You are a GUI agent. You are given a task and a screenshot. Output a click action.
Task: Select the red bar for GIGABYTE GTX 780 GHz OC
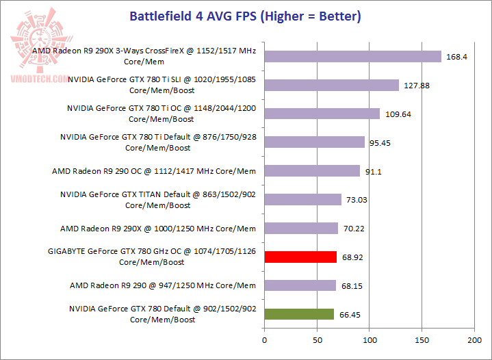[x=300, y=257]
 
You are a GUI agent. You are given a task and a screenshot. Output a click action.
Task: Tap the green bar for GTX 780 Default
[x=299, y=314]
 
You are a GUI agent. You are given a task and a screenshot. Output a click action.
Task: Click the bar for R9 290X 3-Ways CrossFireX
[x=352, y=56]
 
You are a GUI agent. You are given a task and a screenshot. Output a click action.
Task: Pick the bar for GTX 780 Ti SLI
[x=331, y=85]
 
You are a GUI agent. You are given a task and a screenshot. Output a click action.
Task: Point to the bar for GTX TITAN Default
[x=302, y=199]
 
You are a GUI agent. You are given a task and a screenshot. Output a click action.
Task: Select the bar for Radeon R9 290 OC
[x=312, y=170]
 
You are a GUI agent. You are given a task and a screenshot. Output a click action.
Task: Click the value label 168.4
[x=456, y=57]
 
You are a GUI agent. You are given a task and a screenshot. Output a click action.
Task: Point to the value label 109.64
[x=397, y=114]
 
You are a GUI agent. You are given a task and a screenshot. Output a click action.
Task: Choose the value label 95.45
[x=382, y=143]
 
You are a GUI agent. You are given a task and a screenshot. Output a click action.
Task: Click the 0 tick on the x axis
[x=264, y=339]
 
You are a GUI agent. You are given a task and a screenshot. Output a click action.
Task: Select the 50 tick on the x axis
[x=317, y=339]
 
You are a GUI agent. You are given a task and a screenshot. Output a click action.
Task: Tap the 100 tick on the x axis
[x=370, y=339]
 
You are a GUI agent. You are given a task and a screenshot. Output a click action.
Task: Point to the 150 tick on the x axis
[x=422, y=339]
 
